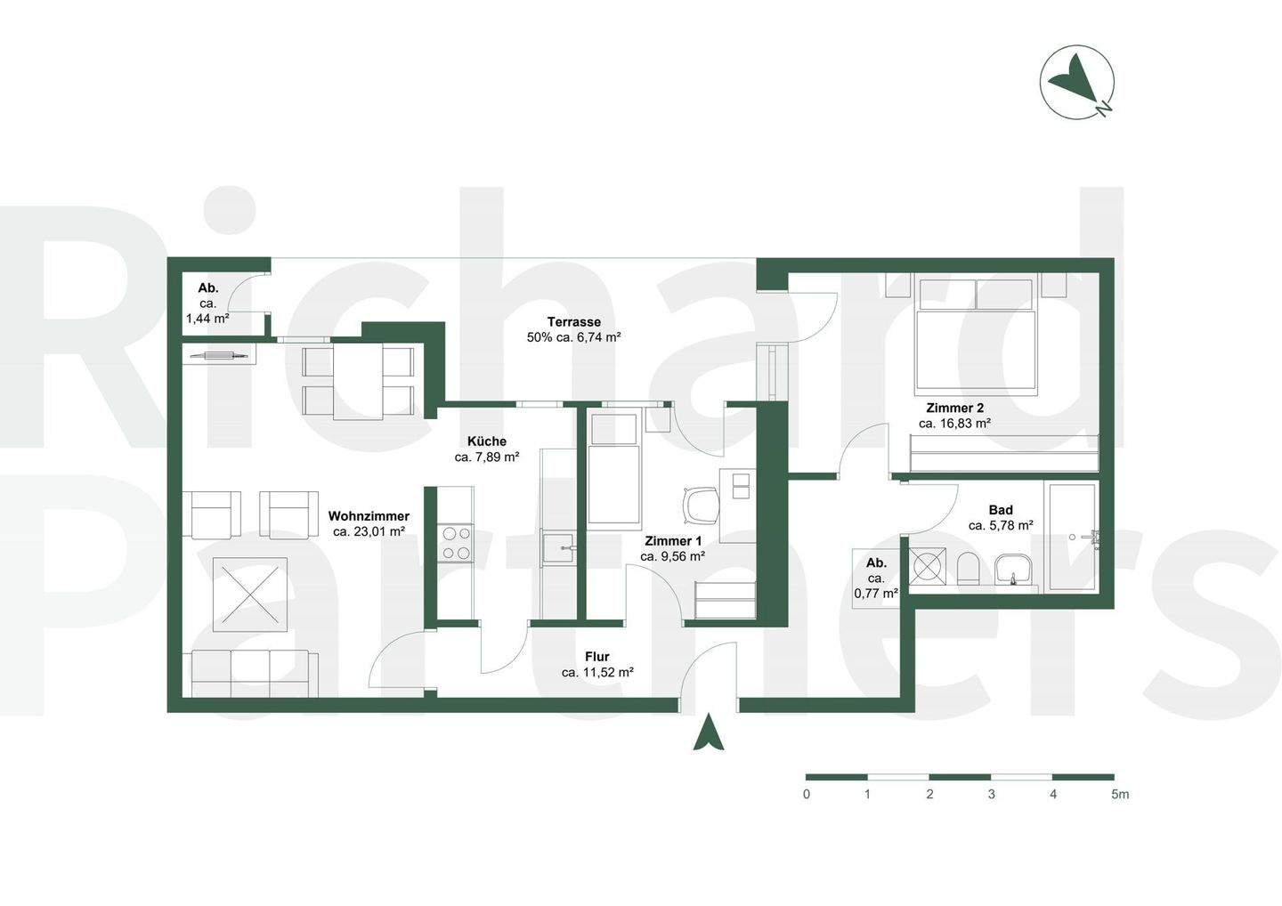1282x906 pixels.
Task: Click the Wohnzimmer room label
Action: point(369,516)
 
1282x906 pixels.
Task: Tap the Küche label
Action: point(487,441)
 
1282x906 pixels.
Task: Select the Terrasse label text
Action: point(573,322)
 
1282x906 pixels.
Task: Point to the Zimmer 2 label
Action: point(954,409)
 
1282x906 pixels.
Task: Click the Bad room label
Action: point(1001,510)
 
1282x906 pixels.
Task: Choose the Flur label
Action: point(597,657)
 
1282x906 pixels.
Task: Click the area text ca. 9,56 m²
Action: point(672,556)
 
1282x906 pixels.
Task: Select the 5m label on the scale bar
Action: point(1119,794)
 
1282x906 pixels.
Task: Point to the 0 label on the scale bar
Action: point(807,794)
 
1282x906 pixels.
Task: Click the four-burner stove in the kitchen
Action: point(457,543)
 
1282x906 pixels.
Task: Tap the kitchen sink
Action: point(559,547)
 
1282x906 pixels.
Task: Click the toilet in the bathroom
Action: point(969,568)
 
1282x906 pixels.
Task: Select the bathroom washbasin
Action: point(1013,570)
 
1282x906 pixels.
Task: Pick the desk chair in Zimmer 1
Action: point(702,505)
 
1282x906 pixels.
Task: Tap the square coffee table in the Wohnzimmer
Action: point(250,594)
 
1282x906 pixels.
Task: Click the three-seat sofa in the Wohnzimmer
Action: point(255,673)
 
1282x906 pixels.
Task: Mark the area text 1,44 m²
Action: point(207,318)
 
